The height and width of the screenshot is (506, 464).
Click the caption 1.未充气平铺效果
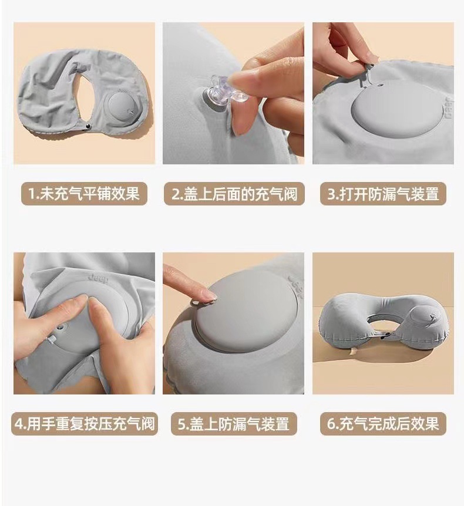(x=84, y=194)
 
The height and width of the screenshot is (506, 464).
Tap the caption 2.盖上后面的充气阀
(x=234, y=194)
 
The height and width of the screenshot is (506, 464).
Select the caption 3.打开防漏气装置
(x=383, y=194)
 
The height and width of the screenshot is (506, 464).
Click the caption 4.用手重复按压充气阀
(x=84, y=424)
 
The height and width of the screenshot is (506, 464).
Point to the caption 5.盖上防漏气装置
(x=234, y=424)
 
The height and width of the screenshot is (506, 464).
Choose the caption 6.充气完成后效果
(x=383, y=424)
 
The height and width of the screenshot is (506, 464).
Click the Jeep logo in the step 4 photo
(x=98, y=279)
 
